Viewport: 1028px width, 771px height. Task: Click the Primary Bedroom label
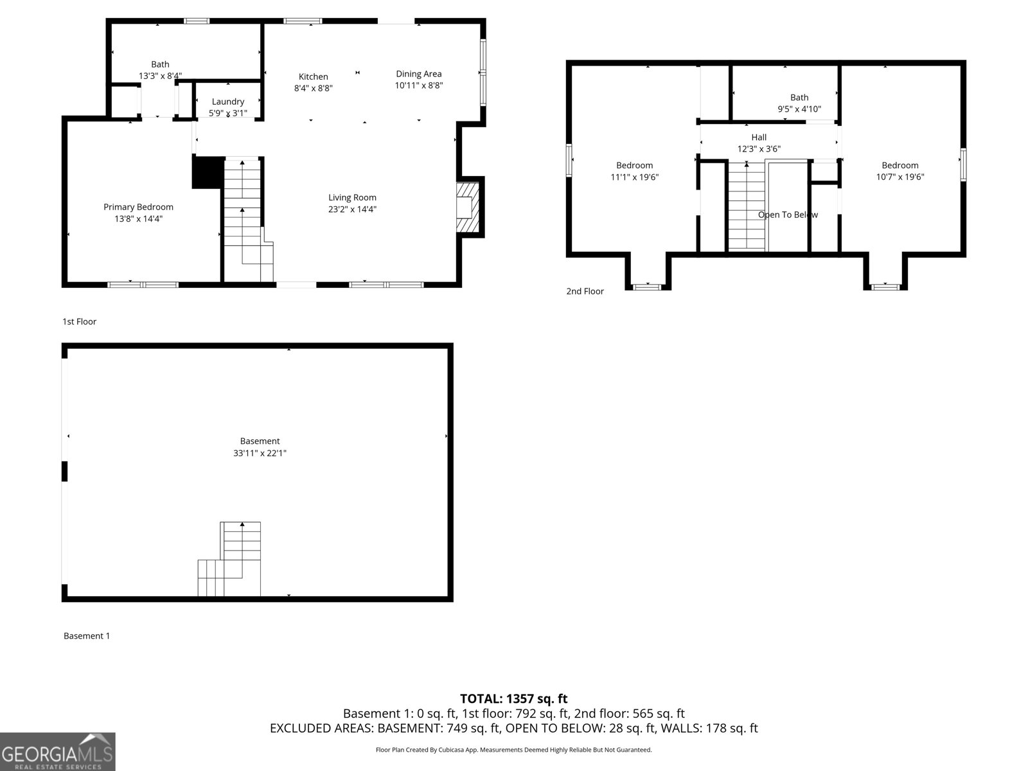tap(138, 207)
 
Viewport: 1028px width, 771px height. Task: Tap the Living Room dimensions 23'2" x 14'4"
tap(352, 209)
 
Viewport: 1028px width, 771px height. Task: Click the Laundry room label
tap(228, 102)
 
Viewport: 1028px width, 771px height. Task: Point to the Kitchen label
tap(314, 76)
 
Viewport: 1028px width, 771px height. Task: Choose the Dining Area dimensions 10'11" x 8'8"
tap(419, 85)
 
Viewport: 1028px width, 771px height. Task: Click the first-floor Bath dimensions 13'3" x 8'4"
tap(160, 76)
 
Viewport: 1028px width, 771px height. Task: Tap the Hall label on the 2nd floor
tap(759, 137)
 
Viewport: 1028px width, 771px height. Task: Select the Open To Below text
tap(788, 215)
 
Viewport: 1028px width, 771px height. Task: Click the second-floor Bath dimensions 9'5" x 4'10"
tap(799, 109)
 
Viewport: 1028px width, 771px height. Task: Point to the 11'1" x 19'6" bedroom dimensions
tap(635, 177)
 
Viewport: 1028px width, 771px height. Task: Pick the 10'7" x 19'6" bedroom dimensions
tap(900, 177)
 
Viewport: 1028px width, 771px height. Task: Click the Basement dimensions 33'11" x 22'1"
tap(260, 453)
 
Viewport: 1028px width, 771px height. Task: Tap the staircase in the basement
tap(229, 559)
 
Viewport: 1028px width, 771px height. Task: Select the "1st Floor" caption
tap(79, 322)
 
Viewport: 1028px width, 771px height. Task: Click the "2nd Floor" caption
tap(585, 291)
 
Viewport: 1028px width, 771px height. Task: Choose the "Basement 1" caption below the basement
tap(87, 635)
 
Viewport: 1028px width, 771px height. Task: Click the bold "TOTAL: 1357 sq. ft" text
tap(514, 698)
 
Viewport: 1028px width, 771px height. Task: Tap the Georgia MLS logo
tap(57, 751)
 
